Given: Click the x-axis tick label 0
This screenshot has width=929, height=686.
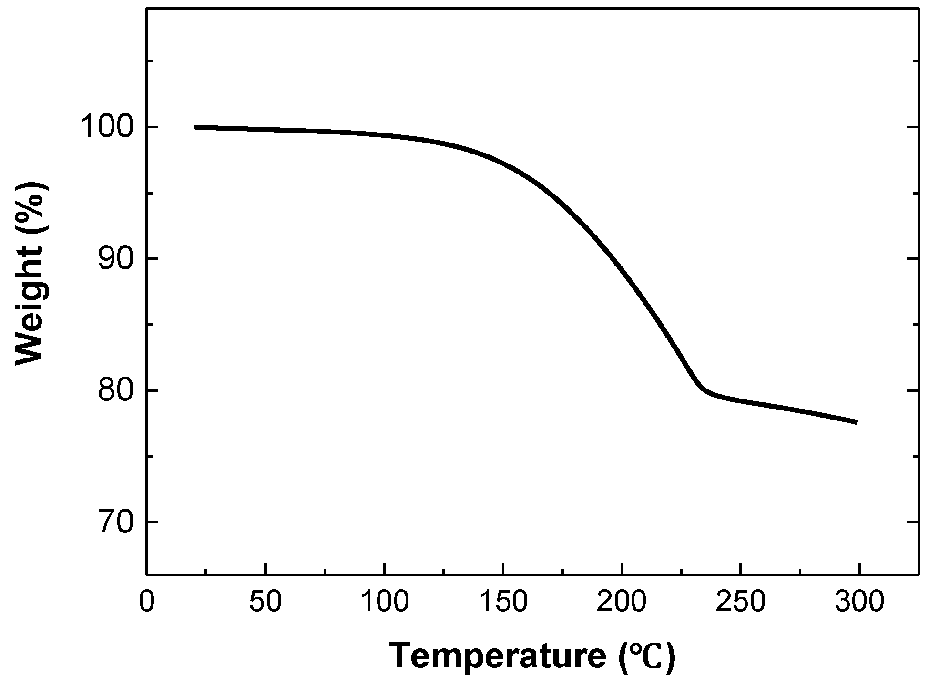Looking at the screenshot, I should point(147,602).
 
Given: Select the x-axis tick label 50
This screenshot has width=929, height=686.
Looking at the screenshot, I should point(265,602).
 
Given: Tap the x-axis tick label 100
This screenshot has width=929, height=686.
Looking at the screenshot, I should point(384,602).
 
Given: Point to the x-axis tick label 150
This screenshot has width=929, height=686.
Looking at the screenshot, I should point(503,602).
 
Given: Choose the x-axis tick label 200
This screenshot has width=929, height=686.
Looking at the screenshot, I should point(622,602).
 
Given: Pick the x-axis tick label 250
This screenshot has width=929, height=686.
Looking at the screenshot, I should point(740,602).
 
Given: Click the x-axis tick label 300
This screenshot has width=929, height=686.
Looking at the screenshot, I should point(859,602).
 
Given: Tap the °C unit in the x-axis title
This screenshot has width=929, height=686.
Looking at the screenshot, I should point(648,657).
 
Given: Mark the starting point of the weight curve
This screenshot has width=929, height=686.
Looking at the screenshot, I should point(195,127).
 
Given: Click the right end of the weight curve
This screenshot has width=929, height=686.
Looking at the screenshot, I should point(857,422).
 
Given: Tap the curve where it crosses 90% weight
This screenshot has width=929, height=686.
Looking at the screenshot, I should point(612,259).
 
